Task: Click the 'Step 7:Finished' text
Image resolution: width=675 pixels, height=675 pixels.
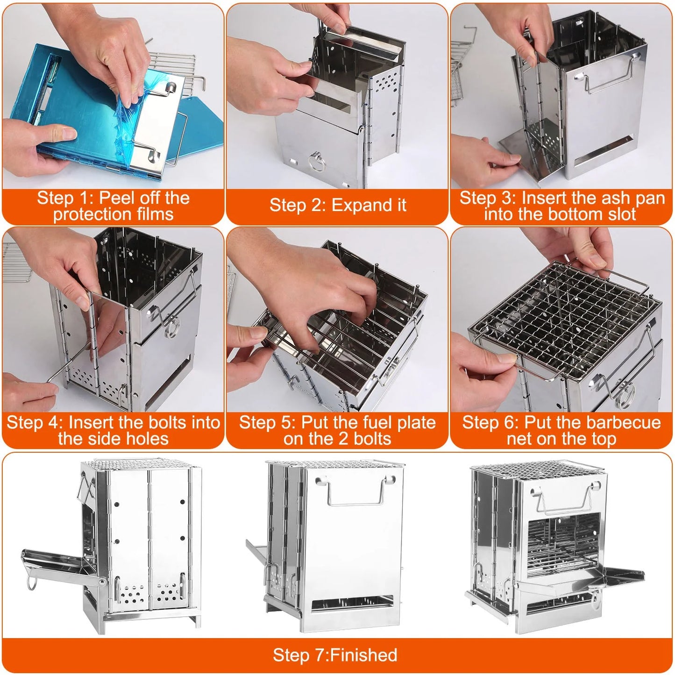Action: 335,655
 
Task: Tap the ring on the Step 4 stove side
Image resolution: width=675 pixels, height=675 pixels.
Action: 171,327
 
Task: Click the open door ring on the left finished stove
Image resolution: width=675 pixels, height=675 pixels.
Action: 31,583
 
